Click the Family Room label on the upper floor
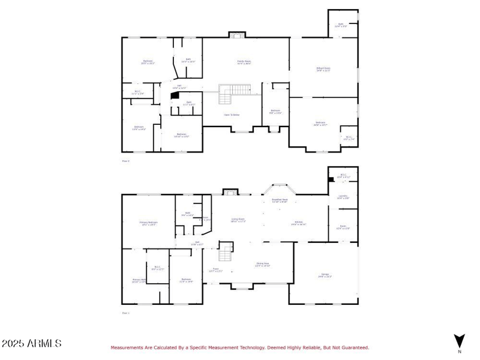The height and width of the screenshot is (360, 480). point(244,62)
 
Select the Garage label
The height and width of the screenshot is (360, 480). point(325,276)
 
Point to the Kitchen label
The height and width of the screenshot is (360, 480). point(299,224)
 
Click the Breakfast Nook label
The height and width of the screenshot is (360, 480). point(280,201)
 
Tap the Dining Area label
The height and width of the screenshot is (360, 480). point(262,265)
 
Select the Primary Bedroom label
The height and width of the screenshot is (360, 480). point(149,223)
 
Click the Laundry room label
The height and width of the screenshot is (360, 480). point(343,196)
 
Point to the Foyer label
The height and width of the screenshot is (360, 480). point(215,270)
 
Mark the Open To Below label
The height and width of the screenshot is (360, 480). point(232,115)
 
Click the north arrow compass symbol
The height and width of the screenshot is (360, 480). point(460,340)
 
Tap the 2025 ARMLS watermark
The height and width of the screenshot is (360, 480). point(31,344)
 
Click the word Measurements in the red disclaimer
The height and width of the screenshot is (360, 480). point(127,347)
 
